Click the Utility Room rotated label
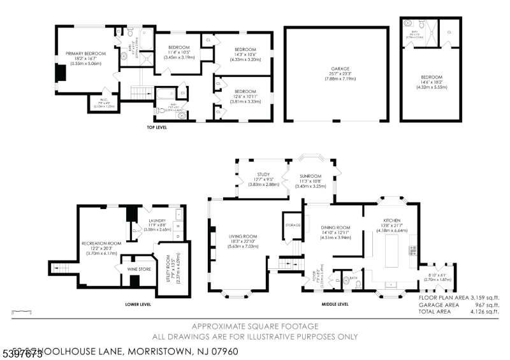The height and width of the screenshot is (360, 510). (x=171, y=268)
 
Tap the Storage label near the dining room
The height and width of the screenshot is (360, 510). (x=293, y=224)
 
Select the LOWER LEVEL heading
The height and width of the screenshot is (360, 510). (x=138, y=305)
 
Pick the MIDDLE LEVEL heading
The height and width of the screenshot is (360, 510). (x=336, y=305)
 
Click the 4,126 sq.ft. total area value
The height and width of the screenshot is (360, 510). (x=484, y=312)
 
